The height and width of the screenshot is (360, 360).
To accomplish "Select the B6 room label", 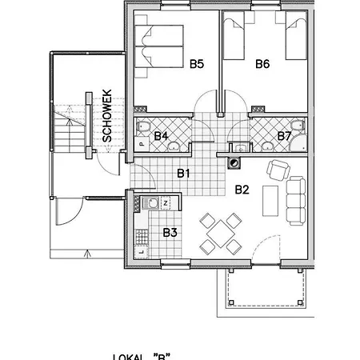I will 262,65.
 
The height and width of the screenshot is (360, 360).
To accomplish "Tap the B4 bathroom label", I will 161,136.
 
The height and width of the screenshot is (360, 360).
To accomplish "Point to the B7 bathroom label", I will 283,136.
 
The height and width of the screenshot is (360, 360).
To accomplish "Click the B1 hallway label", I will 183,173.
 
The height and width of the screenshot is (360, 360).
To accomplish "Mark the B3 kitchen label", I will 170,233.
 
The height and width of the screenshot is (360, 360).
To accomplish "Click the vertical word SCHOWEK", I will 106,116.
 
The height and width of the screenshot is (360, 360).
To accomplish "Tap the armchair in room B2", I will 278,170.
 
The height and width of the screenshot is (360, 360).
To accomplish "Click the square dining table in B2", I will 219,233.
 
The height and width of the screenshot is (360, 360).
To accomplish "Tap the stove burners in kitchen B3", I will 140,235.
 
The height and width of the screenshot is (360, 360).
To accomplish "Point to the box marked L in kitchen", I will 141,253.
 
